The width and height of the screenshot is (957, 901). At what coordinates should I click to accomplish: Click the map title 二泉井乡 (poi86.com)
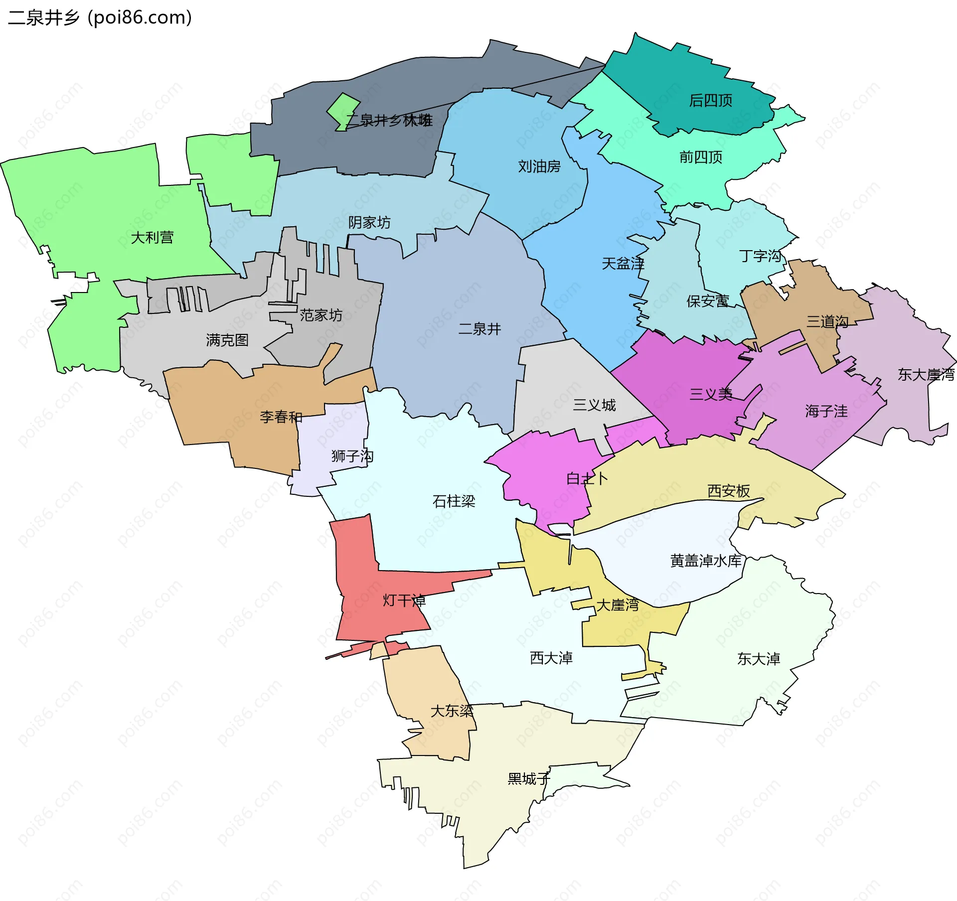point(100,18)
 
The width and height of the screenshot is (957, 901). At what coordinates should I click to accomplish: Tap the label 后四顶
point(710,101)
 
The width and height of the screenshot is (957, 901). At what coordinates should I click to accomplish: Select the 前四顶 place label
point(700,157)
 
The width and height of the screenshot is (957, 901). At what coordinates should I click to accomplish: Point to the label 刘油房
point(539,166)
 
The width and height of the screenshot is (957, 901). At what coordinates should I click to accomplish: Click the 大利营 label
point(152,238)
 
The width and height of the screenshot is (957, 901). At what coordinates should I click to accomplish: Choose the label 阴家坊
point(369,222)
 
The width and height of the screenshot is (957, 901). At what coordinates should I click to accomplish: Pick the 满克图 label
point(227,340)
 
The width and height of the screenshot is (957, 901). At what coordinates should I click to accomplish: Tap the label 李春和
point(281,417)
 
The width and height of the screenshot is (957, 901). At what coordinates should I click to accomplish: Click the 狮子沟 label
point(352,456)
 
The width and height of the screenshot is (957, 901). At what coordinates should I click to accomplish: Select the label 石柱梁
point(454,501)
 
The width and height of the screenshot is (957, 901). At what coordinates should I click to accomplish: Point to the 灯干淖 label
point(404,601)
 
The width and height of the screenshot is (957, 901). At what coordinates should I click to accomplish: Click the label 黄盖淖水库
point(706,561)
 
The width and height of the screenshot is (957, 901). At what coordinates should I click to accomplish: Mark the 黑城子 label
point(528,779)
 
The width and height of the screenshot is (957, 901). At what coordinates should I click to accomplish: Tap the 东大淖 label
point(758,659)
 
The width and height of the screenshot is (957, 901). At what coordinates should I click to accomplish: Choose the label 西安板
point(728,491)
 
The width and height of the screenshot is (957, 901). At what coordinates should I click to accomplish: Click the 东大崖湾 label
point(926,375)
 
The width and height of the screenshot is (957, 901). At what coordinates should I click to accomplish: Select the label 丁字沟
point(760,256)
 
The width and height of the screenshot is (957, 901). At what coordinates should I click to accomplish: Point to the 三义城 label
point(594,405)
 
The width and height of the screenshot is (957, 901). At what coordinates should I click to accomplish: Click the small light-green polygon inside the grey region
point(344,111)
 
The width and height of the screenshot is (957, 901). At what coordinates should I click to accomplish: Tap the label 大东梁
point(452,711)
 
